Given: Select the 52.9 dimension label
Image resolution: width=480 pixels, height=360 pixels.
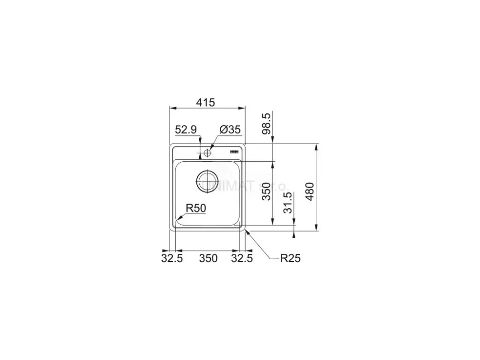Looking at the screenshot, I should pos(186,129).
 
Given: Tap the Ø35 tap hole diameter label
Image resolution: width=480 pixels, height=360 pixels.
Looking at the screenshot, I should pos(229,129).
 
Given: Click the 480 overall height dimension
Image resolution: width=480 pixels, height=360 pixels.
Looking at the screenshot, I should pos(310,192).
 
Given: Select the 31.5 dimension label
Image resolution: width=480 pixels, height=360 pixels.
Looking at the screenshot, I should pos(288,203).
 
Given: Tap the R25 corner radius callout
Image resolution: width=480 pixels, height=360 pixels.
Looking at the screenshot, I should pos(290,259).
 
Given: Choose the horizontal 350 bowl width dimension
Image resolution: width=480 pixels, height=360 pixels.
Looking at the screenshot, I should pos(208,258).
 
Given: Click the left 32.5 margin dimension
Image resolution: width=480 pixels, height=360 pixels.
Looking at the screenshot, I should pos(171,258).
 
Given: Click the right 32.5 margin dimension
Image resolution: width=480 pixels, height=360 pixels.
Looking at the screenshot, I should pos(242,258).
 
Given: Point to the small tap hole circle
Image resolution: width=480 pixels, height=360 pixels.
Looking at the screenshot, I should pos(207,153).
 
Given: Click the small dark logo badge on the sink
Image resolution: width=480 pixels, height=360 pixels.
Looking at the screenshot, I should pos(235,151).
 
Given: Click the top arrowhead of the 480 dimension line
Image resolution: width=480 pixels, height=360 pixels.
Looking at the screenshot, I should pos(317,144).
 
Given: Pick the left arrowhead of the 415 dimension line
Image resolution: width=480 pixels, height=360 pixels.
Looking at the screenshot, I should pos(171,108).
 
